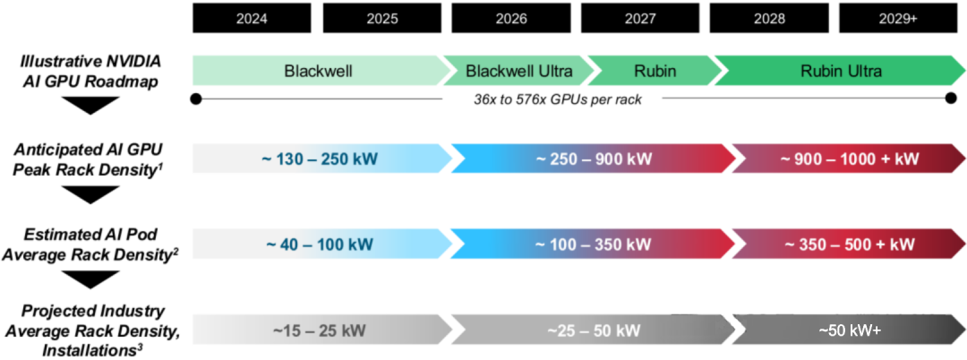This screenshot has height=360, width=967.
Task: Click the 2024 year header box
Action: coord(252,19)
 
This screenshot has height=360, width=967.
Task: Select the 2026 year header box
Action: coord(510,19)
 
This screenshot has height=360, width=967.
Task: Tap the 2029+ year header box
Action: coord(898,19)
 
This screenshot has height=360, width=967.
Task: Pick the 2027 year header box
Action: coord(639,19)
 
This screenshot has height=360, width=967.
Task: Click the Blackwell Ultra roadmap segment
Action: coord(519,71)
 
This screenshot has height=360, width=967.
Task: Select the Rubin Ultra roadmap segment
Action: coord(841,71)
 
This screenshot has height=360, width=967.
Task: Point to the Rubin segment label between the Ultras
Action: coord(655,71)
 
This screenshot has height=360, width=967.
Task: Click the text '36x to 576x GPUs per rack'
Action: coord(552,99)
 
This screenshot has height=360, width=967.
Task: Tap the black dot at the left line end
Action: coord(196,99)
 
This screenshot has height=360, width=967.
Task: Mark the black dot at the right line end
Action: coord(951,99)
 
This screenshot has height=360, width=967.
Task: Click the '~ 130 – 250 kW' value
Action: coord(320,159)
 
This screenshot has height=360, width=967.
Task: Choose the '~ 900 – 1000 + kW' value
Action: coord(849,159)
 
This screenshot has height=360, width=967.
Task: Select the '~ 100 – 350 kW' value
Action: coord(593,244)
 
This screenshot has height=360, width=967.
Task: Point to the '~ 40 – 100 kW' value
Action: coord(320,244)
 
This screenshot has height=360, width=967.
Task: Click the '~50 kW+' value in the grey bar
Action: coord(849,330)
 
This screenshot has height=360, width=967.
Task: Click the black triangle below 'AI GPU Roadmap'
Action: coord(90,106)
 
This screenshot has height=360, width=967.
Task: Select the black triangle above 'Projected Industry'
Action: coord(90,280)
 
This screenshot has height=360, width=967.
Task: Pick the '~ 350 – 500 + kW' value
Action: coord(849,244)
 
